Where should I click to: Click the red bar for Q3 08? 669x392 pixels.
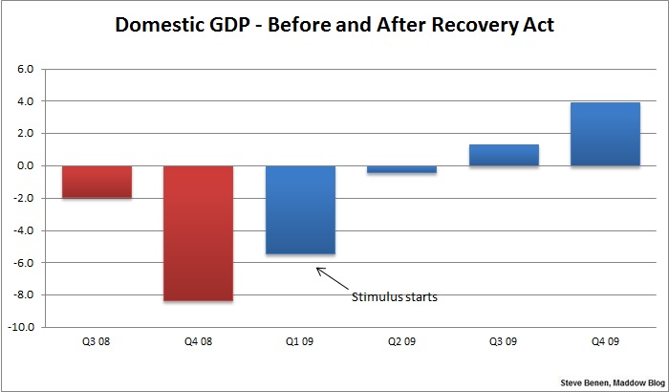point(97,182)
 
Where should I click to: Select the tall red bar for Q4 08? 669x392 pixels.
point(198,233)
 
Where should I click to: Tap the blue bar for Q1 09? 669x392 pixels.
point(300,209)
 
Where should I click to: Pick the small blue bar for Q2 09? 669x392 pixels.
point(401,169)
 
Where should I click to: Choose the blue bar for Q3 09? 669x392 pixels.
point(503,155)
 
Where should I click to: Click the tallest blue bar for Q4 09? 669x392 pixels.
point(605,134)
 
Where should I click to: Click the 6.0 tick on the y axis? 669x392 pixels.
point(24,70)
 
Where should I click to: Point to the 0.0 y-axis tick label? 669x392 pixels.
point(24,166)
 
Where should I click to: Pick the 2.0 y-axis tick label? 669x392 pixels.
point(24,134)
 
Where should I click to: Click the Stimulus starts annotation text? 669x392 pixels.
point(395,297)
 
